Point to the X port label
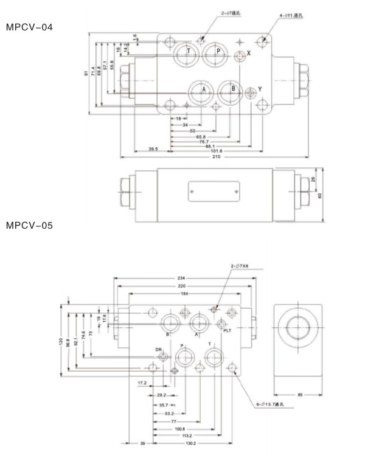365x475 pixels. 248,54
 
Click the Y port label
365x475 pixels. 260,89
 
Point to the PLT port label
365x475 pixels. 228,331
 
